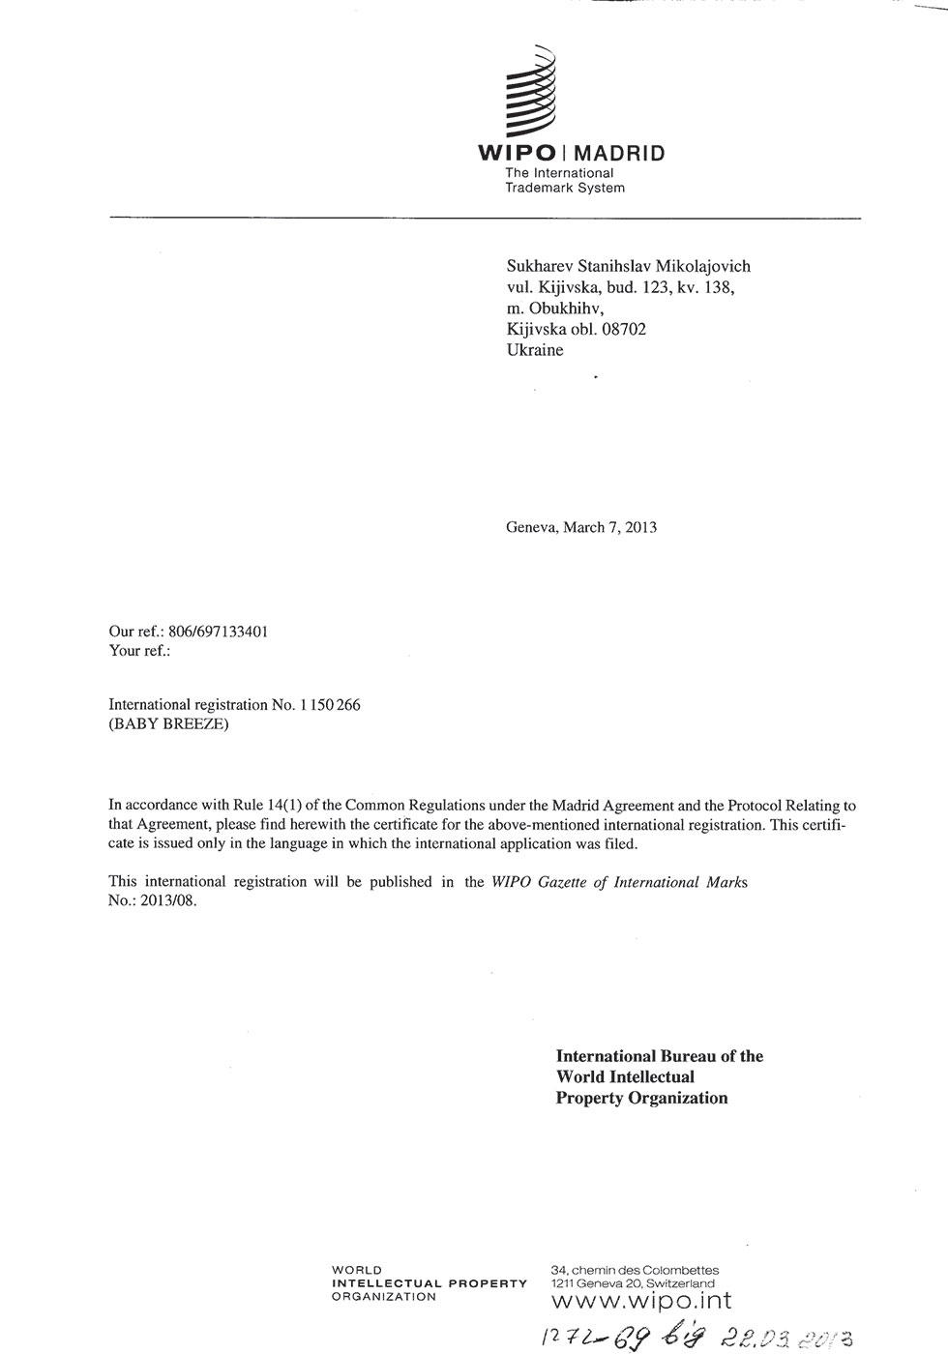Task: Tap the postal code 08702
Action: click(624, 329)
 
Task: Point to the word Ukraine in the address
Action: click(534, 350)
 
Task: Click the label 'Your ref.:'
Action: click(139, 651)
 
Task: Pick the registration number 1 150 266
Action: click(330, 705)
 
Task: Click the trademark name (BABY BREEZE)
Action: click(169, 724)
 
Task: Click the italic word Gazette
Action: click(567, 882)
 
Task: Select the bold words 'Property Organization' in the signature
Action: click(641, 1098)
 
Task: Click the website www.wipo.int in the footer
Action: click(640, 1302)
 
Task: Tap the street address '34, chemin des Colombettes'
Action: click(634, 1270)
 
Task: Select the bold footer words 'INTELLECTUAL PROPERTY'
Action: click(429, 1283)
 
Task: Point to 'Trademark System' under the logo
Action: click(565, 188)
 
